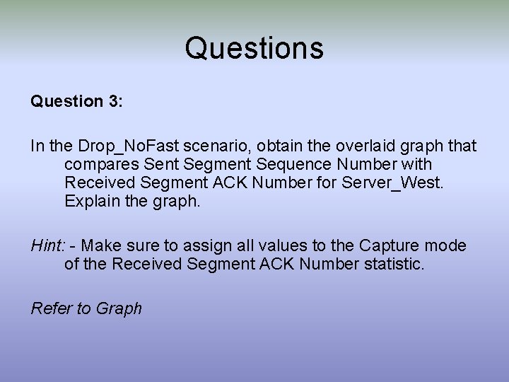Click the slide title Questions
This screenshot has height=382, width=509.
coord(255,49)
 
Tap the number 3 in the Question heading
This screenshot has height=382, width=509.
coord(115,102)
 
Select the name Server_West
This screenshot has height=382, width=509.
coord(404,183)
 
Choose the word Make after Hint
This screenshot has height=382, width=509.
coord(109,245)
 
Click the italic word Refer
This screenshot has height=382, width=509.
coord(52,308)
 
